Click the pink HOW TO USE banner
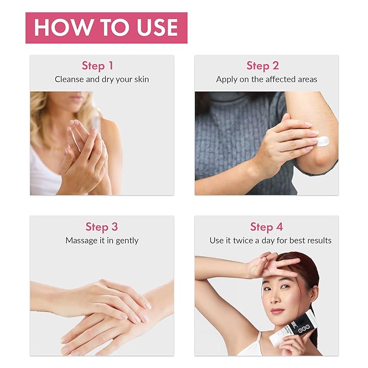point(106,28)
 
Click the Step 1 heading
point(98,66)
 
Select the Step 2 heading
point(263,66)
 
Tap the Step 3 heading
point(102,227)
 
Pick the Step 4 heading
point(266,227)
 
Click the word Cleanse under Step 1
point(69,79)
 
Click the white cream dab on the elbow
point(322,141)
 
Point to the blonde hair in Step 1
point(43,118)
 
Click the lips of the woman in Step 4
point(277,311)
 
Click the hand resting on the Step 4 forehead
point(272,266)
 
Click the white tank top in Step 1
point(44,173)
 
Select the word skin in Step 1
point(141,79)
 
